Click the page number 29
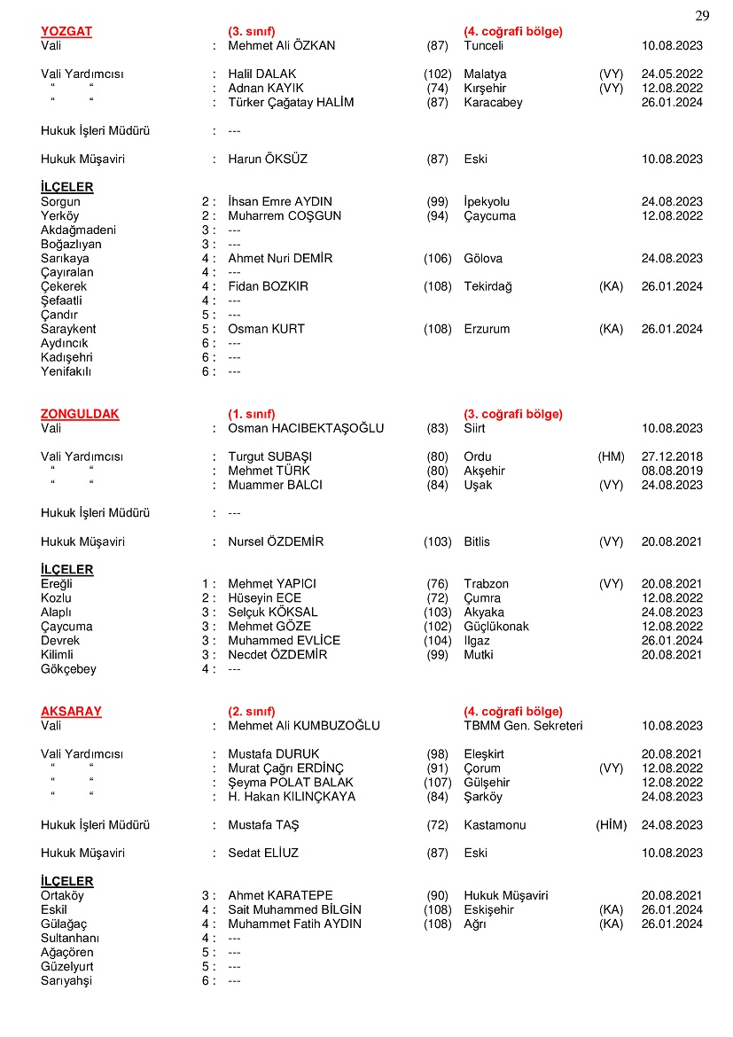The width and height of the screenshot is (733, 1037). pos(702,16)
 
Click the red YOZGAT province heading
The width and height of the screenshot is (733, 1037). pos(66,31)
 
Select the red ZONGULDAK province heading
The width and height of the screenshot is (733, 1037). pos(80,414)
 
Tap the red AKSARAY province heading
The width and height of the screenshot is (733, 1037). pos(71,711)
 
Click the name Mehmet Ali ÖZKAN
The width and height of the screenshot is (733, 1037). pos(282,45)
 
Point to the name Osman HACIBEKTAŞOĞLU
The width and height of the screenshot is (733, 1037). pos(306,428)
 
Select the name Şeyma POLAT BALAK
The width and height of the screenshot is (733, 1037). pos(291,783)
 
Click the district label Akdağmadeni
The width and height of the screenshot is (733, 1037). pos(78,230)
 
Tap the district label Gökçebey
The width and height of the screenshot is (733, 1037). pos(68,669)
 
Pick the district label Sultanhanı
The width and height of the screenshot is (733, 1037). pos(70,938)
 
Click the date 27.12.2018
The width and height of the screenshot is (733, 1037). pos(672,456)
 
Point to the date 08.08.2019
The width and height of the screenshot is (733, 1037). pos(672,471)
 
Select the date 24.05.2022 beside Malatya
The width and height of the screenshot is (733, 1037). pos(672,74)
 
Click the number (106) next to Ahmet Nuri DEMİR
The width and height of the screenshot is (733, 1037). pos(437,258)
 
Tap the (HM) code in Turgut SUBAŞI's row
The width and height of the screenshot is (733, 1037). pos(611,456)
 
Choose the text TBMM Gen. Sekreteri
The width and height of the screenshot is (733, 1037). pos(523,725)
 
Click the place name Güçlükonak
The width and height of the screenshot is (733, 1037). pos(496,627)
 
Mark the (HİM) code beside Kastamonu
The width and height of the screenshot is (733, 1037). pos(611,824)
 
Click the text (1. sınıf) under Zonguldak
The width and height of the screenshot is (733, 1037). pos(252,414)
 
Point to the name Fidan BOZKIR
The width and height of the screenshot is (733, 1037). pos(269,286)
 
